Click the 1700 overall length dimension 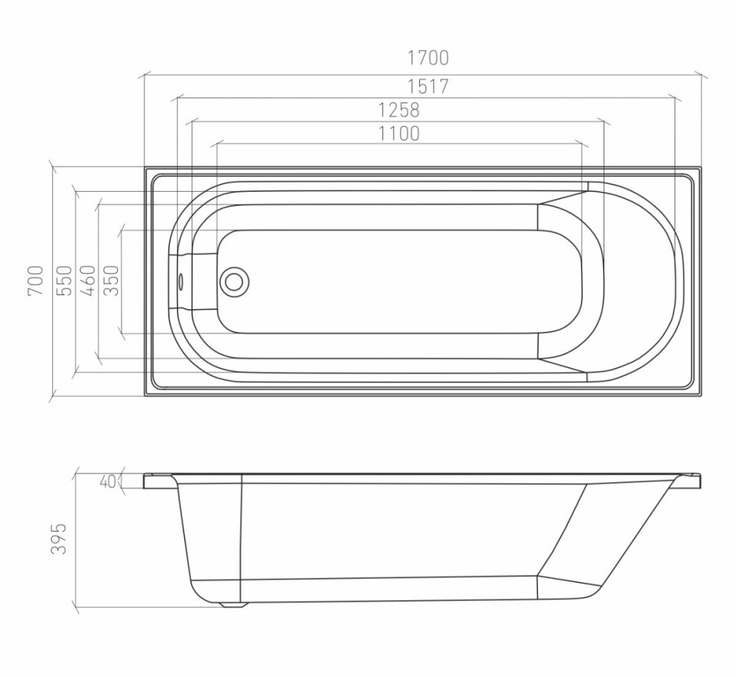(x=427, y=58)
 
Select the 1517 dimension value (x=427, y=86)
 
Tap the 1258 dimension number (x=399, y=110)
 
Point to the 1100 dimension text (x=399, y=134)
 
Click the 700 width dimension (x=36, y=281)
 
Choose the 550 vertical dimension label (x=65, y=281)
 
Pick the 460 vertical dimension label (x=88, y=281)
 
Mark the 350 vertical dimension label (x=111, y=281)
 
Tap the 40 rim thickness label (x=108, y=481)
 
